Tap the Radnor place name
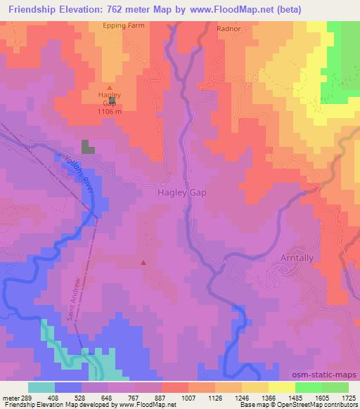click(x=229, y=30)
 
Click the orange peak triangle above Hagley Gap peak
click(x=108, y=87)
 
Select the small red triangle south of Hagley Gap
click(x=143, y=263)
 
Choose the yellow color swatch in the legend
click(x=282, y=387)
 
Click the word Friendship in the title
click(x=32, y=9)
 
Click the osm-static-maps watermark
click(x=329, y=375)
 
